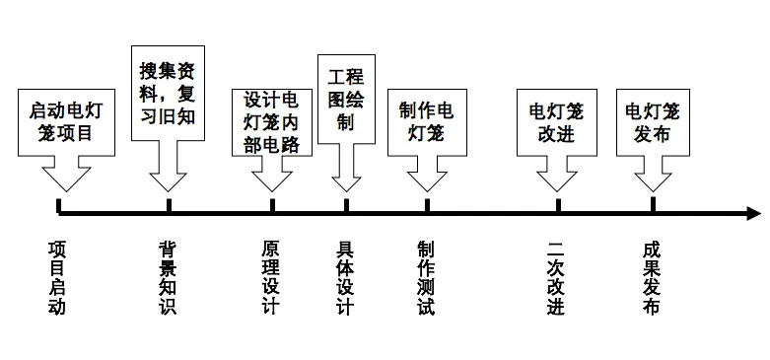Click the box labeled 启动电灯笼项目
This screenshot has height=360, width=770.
click(x=66, y=122)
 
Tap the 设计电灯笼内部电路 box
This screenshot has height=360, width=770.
click(x=272, y=122)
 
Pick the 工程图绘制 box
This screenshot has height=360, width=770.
click(x=346, y=100)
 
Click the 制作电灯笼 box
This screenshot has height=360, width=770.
click(x=427, y=122)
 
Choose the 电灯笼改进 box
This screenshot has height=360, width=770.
click(x=557, y=122)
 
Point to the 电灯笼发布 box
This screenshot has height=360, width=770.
click(x=653, y=122)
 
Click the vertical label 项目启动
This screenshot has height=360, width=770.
click(x=57, y=278)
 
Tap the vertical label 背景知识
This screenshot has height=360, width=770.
click(x=168, y=278)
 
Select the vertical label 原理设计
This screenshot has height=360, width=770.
click(x=271, y=278)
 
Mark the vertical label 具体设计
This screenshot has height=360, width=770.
click(x=345, y=278)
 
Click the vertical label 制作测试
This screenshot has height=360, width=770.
click(x=426, y=278)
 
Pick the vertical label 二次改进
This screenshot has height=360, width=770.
click(x=556, y=278)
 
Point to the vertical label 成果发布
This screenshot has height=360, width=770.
click(x=651, y=278)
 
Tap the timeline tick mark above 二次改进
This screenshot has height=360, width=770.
click(x=558, y=205)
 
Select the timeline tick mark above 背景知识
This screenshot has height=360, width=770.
click(x=169, y=205)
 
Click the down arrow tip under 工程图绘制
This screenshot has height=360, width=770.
click(x=346, y=191)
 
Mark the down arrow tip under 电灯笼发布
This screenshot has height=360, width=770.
click(x=653, y=191)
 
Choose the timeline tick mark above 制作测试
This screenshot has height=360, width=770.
click(x=427, y=205)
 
